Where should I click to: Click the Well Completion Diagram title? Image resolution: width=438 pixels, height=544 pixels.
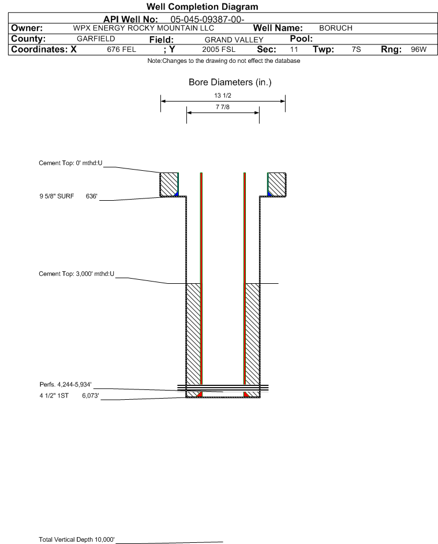point(203,6)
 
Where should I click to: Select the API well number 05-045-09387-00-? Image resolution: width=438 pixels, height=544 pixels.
point(207,20)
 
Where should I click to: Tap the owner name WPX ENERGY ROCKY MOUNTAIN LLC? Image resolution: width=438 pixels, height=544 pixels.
point(143,28)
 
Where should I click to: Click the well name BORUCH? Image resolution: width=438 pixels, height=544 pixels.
point(336,28)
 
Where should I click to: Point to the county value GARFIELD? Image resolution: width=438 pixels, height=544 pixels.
point(96,39)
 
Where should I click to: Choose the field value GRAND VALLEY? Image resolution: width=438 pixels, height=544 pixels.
point(234,40)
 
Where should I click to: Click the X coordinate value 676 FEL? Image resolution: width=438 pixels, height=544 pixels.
point(121,49)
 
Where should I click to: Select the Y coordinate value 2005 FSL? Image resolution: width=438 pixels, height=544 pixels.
point(219,49)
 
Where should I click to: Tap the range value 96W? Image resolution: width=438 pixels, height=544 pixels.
point(418,49)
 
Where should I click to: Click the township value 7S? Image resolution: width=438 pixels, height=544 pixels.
point(356,49)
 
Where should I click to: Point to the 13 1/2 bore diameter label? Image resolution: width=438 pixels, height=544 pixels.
point(223,95)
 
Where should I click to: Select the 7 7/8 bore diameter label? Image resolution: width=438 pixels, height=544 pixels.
point(223,107)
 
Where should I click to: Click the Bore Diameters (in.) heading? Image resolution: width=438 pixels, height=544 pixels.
point(230,82)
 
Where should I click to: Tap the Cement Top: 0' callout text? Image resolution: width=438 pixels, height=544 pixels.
point(70,163)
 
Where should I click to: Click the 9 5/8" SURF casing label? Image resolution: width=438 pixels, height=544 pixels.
point(57,196)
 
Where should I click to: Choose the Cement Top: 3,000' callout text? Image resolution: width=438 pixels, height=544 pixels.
point(76,274)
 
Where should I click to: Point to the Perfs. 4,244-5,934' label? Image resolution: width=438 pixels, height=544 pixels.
point(66,384)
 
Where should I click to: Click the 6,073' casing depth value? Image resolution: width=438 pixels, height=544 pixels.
point(90,396)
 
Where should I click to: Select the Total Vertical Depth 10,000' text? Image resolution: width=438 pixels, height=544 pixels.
point(77,539)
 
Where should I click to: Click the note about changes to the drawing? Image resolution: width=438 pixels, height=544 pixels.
point(223,61)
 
